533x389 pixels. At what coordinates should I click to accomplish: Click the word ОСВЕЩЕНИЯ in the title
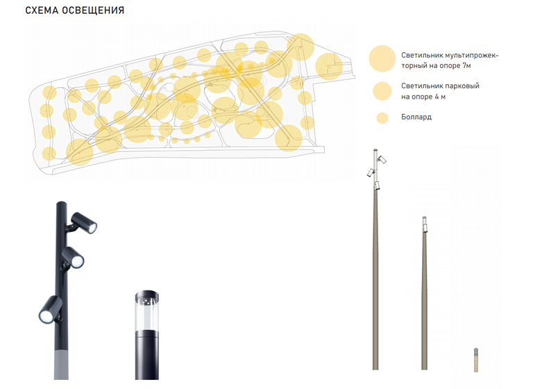tap(93, 10)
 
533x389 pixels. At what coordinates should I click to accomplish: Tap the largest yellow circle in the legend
tap(382, 58)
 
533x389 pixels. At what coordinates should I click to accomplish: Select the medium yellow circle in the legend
tap(382, 91)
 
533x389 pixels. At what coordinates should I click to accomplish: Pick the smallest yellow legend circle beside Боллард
tap(382, 118)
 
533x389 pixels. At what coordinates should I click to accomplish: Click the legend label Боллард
tap(416, 117)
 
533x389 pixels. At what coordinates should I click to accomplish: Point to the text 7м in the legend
tap(466, 65)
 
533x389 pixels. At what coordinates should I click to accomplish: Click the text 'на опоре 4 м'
tap(423, 97)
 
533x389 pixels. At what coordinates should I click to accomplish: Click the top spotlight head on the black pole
tap(84, 222)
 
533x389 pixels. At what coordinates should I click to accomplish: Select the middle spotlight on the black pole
tap(73, 257)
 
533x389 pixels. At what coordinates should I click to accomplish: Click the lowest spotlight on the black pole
tap(50, 309)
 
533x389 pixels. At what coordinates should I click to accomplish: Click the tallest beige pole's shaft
tap(375, 279)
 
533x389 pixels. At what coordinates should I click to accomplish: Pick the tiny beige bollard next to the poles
tap(476, 360)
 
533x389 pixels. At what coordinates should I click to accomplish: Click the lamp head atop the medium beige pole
tap(424, 224)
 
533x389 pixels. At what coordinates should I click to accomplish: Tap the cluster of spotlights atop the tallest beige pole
tap(377, 169)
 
